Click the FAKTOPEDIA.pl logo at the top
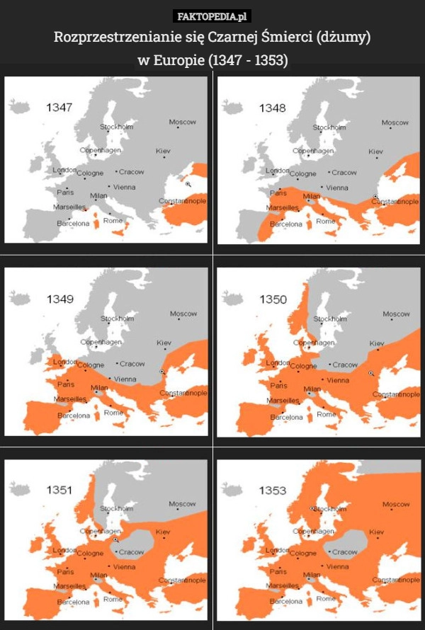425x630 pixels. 212,16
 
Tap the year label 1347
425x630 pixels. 59,108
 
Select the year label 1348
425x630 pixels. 272,108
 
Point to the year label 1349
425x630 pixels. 59,299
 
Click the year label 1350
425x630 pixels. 273,299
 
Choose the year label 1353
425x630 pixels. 273,490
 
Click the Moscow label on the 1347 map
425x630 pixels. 182,122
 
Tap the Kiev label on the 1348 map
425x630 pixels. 375,151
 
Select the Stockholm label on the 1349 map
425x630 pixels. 117,319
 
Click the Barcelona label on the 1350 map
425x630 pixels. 286,417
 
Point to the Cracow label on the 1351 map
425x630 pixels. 131,552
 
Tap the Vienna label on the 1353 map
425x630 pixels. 337,567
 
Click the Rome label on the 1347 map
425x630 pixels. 113,220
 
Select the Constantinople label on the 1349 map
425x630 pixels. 184,393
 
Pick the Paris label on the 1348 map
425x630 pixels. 278,193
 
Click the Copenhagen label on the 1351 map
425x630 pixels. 100,531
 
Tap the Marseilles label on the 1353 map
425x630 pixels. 282,587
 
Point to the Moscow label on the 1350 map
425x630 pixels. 396,314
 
